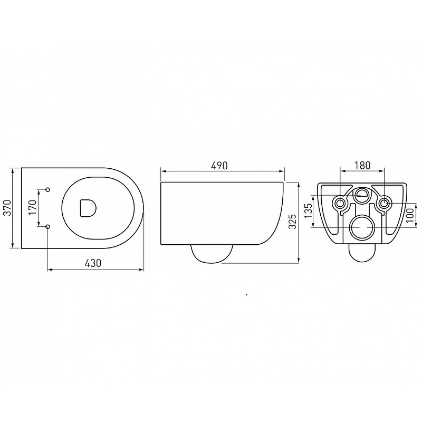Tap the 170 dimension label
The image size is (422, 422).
(x=32, y=207)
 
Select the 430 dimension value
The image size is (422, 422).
(x=93, y=263)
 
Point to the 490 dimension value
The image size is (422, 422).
(x=219, y=166)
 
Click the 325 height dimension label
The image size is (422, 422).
(x=292, y=221)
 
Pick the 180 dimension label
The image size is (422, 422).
(x=362, y=165)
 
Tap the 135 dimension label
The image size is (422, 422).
(x=309, y=210)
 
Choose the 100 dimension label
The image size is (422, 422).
(x=410, y=215)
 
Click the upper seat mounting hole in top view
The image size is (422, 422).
(x=48, y=189)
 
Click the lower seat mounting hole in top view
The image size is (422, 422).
(x=48, y=227)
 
